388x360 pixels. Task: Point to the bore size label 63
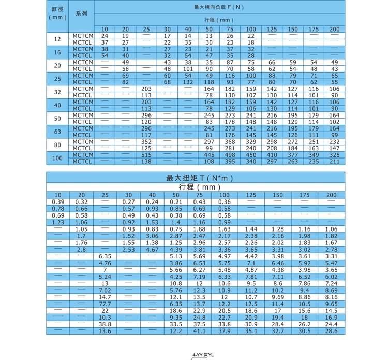click(x=57, y=132)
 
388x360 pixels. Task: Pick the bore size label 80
click(x=57, y=145)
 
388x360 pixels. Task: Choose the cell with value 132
click(x=188, y=82)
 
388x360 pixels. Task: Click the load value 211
click(x=334, y=161)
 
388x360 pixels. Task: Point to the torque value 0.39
click(x=57, y=201)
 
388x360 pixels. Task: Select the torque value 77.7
click(x=106, y=304)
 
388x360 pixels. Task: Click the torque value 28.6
click(x=331, y=330)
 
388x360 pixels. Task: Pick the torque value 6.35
click(x=106, y=256)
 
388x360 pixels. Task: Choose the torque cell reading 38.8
click(x=106, y=324)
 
